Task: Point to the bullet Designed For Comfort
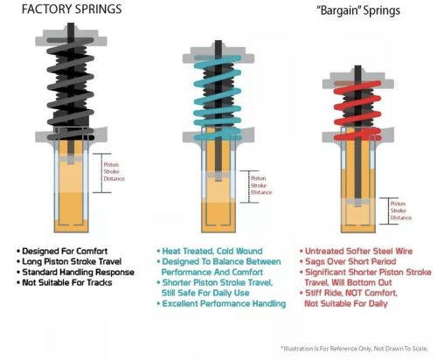[x=69, y=250]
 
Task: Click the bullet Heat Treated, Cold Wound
[x=205, y=250]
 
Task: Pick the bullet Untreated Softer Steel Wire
[x=357, y=250]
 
